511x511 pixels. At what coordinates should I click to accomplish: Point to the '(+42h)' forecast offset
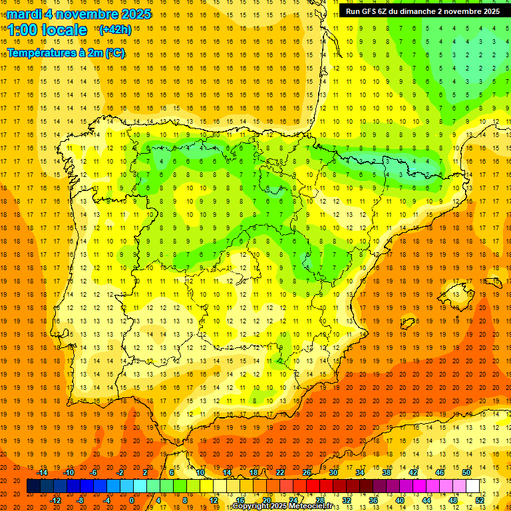coord(115,30)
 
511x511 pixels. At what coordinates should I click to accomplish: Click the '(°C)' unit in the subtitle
coord(114,53)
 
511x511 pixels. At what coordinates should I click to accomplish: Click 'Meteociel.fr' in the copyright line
coord(309,506)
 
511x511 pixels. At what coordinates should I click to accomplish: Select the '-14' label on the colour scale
coord(42,472)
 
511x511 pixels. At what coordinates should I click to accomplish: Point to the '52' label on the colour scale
coord(480,500)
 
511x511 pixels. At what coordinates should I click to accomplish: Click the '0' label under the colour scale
coord(132,500)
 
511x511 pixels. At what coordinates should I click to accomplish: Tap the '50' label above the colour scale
coord(466,472)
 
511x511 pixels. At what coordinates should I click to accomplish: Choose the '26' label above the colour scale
coord(307,472)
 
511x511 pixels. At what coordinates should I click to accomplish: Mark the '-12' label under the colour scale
coord(56,500)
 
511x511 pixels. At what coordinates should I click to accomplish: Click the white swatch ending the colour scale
coord(472,486)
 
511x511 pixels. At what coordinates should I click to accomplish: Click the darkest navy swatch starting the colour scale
coord(33,486)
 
